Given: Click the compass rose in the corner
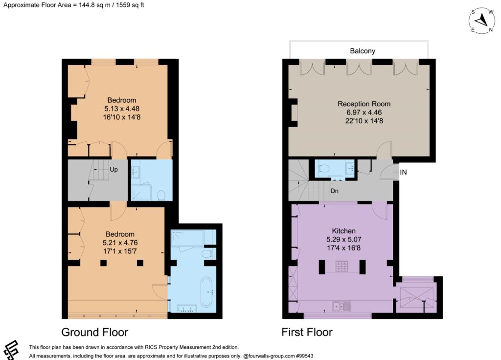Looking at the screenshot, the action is point(482,21).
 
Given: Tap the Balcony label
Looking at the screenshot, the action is point(363,51).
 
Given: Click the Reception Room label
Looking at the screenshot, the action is point(364,104).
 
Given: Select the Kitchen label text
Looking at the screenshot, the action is point(343,231).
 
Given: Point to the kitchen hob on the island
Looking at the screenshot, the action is point(342,267).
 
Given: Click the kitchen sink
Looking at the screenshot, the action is point(342,306).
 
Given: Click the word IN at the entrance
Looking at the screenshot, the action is point(403,172).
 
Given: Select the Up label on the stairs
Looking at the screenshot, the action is point(114,169).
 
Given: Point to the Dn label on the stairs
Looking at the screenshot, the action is point(334,191).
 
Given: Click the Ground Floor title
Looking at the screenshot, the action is point(94,332).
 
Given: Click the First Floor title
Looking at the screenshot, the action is point(307,332).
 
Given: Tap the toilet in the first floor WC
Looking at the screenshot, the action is point(324,168).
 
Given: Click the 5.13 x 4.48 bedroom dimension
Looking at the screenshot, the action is point(122,109).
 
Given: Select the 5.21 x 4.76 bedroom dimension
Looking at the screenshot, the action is point(120,243).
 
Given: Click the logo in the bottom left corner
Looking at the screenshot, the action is point(10,350).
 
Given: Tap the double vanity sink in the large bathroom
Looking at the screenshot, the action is point(187,309).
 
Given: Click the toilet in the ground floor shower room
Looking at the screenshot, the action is point(161,195).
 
